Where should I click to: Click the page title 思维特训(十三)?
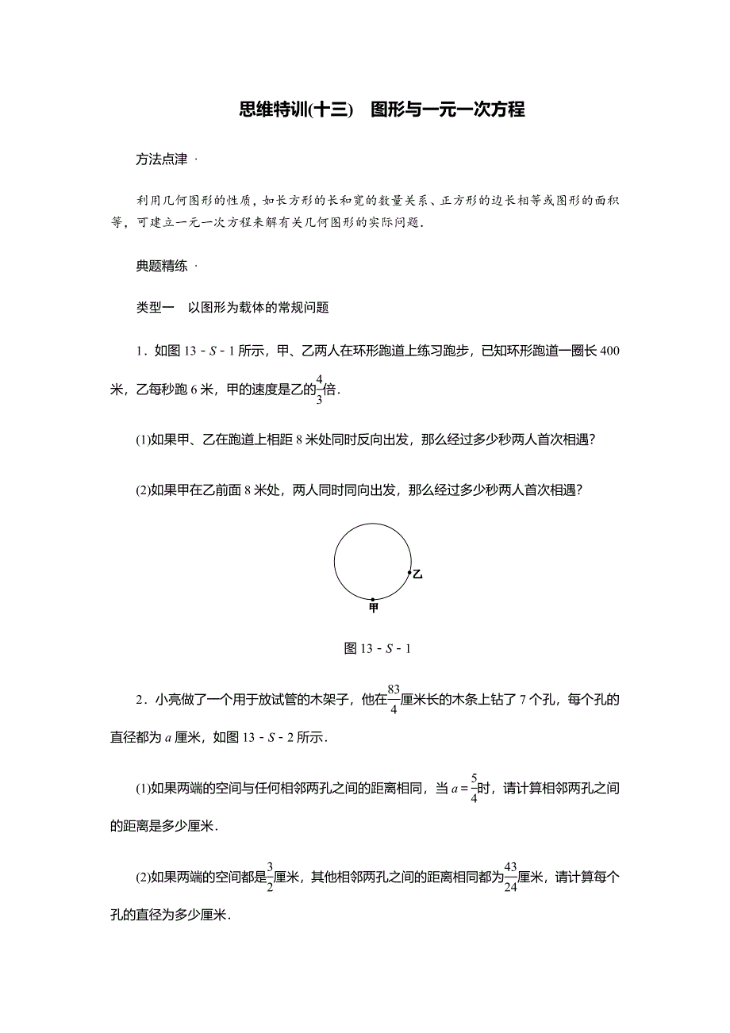295,110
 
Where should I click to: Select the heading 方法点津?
162,159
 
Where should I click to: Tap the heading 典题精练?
162,267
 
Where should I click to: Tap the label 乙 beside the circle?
417,574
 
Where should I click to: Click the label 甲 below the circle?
374,608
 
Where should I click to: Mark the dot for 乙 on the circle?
409,572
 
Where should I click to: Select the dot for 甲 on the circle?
373,599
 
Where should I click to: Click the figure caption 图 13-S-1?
377,649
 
